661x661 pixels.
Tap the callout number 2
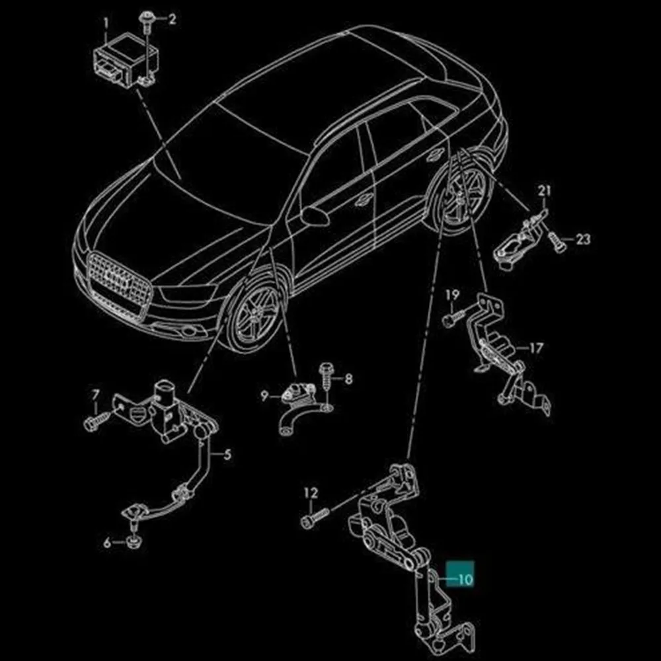172,19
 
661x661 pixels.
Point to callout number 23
583,239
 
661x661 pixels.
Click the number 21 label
544,190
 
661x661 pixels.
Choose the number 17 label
536,348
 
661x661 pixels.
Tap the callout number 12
311,492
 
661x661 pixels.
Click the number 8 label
348,379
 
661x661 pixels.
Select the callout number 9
264,396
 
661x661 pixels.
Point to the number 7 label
96,395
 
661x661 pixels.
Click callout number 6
107,543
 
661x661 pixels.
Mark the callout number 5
227,455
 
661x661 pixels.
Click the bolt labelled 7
97,420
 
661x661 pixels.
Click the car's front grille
119,281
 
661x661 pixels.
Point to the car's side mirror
315,215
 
